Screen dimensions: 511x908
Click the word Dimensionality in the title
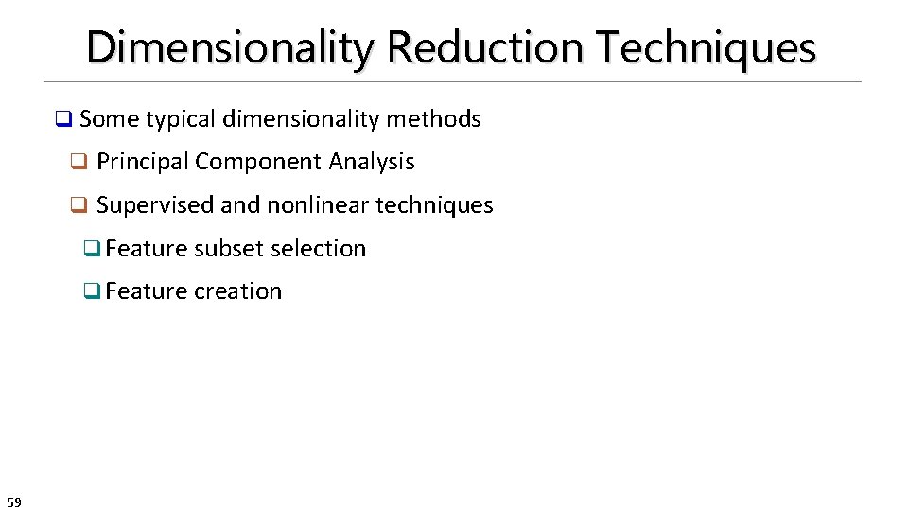tap(229, 47)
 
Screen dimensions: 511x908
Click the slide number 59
tap(13, 502)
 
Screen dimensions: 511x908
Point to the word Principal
tap(143, 162)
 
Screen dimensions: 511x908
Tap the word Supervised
tap(155, 205)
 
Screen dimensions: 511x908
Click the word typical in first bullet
tap(181, 119)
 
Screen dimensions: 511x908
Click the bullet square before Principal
tap(79, 163)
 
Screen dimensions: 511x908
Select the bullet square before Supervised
tap(79, 206)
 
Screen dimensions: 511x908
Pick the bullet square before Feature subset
tap(92, 250)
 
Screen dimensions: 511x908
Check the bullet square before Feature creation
tap(92, 292)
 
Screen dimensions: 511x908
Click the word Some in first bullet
tap(109, 119)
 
